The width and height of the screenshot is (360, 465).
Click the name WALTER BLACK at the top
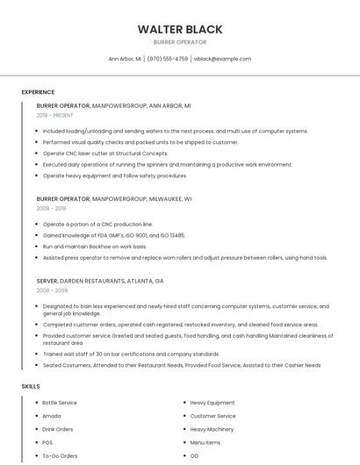[x=179, y=29]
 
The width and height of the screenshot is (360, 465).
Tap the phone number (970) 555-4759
[x=168, y=59]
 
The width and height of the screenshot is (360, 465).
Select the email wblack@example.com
[x=222, y=59]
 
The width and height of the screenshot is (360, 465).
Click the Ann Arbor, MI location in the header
[x=125, y=59]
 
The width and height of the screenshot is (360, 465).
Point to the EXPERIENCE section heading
[x=38, y=92]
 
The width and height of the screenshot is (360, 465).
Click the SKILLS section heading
[x=31, y=386]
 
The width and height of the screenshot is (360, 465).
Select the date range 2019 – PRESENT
[x=55, y=115]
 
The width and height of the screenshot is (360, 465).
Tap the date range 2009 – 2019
[x=51, y=209]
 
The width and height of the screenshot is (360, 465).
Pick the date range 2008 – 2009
[x=52, y=290]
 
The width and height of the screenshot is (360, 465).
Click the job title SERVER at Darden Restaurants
[x=47, y=281]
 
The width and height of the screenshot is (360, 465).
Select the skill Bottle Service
[x=60, y=403]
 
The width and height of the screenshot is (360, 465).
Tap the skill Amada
[x=52, y=416]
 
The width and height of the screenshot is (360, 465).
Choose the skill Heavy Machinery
[x=212, y=429]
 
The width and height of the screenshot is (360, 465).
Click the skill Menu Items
[x=205, y=443]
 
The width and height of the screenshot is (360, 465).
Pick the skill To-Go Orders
[x=60, y=456]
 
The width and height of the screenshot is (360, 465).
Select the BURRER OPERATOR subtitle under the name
[x=179, y=42]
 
